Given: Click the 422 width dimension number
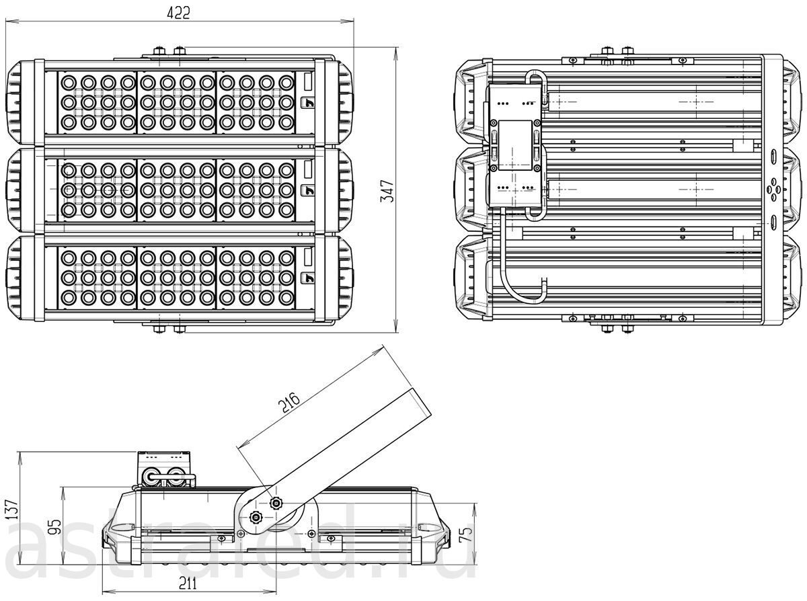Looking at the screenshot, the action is [178, 13].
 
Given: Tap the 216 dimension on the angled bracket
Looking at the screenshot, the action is [289, 403].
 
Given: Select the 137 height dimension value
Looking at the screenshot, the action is [12, 510].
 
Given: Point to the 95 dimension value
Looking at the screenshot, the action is [54, 527].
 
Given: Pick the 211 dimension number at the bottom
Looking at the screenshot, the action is [188, 583].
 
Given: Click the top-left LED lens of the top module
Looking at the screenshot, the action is [69, 83].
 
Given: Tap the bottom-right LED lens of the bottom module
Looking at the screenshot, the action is [286, 298].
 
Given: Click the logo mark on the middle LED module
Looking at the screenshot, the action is [308, 190].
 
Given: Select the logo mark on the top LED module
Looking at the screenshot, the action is [308, 103].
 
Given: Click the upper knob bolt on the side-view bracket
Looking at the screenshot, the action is [276, 503].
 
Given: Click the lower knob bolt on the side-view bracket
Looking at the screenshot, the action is [255, 516].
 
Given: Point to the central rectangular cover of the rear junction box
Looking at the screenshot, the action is [515, 145].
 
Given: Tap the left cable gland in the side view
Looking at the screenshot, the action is [150, 477].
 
